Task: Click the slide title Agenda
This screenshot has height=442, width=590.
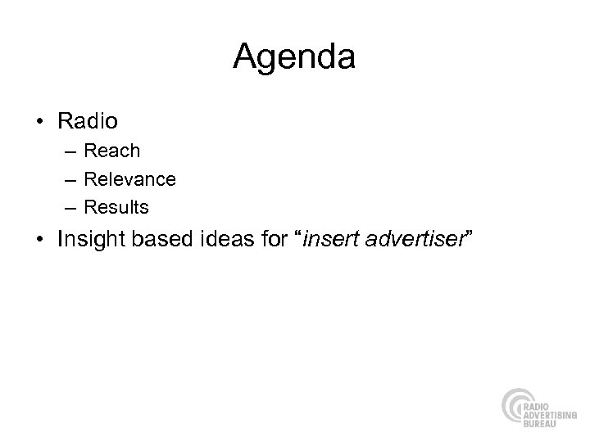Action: click(294, 57)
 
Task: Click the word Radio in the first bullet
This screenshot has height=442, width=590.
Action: click(88, 122)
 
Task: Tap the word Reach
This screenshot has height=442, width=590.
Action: click(112, 151)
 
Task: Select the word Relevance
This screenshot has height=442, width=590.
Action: click(129, 178)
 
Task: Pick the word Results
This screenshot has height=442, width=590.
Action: click(116, 207)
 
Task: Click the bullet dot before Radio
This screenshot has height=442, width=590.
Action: click(41, 123)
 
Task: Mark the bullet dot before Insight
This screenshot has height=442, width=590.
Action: click(41, 241)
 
